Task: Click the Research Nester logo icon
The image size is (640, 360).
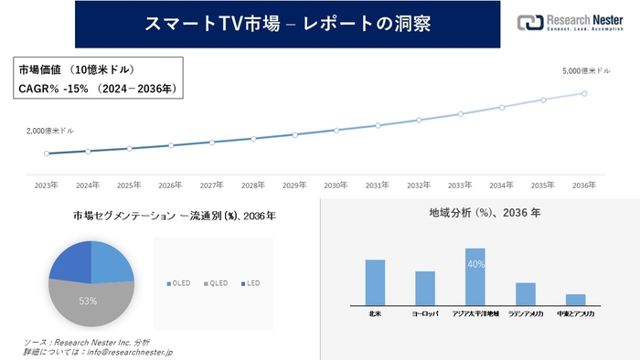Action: [x=528, y=24]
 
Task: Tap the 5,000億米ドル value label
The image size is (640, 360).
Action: [x=581, y=70]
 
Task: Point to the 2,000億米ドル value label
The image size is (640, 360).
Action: [x=51, y=132]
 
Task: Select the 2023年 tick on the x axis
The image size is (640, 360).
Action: [x=47, y=185]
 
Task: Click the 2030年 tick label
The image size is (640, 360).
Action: [x=336, y=185]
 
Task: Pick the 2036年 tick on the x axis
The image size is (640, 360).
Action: [x=584, y=185]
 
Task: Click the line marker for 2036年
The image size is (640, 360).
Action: [x=584, y=93]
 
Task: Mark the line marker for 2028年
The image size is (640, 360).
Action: [x=253, y=139]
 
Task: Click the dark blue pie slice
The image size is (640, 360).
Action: [x=70, y=262]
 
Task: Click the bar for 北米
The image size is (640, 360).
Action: [x=375, y=281]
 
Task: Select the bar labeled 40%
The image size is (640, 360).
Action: [x=475, y=275]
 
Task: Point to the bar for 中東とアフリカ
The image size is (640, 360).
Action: [x=575, y=299]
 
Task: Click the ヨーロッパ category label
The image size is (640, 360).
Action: [x=425, y=314]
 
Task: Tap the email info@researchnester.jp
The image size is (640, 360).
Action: [x=127, y=351]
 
